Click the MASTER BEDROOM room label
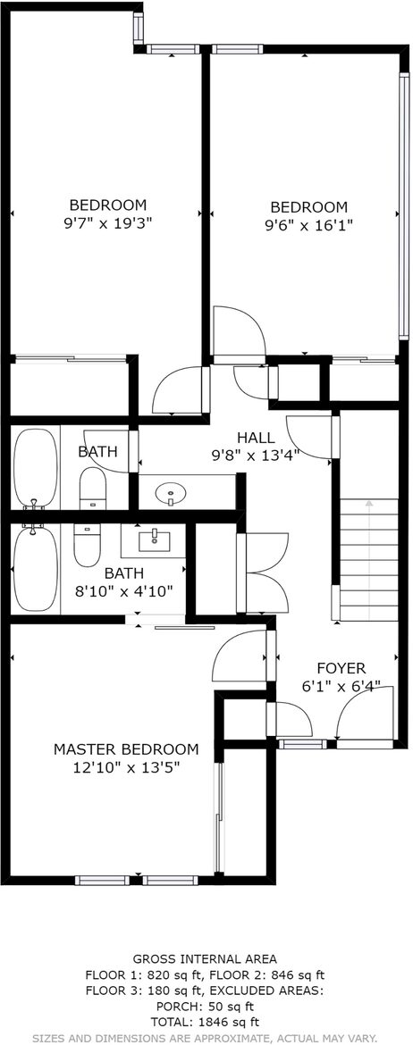126,749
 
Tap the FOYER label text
341,668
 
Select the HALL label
256,438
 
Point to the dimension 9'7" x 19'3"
108,222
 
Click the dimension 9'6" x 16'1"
308,225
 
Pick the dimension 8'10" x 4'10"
124,590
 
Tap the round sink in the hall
171,494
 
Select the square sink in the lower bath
154,540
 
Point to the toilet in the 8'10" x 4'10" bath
86,545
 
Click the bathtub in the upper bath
36,469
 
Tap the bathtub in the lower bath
36,568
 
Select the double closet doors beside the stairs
263,573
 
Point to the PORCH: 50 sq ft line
206,1006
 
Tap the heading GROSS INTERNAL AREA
206,959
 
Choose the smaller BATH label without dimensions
97,452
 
